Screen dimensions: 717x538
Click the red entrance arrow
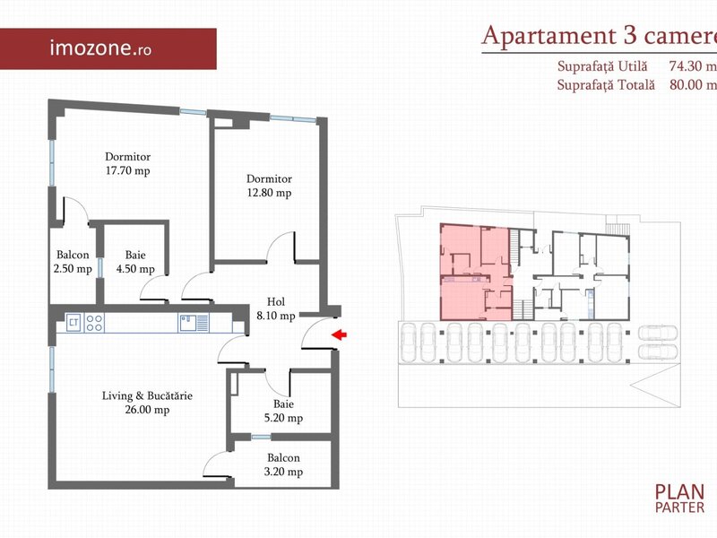click(339, 334)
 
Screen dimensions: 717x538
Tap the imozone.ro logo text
click(100, 48)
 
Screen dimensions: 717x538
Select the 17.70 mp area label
click(128, 170)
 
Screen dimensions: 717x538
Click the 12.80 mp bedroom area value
click(270, 193)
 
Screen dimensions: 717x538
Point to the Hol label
click(276, 302)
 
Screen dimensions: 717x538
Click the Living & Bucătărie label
click(147, 395)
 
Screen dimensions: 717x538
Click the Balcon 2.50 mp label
click(73, 262)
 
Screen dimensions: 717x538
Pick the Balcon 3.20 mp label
click(283, 464)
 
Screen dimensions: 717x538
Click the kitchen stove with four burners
click(95, 323)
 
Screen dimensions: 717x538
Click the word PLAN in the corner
click(679, 491)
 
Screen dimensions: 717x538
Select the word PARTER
click(679, 508)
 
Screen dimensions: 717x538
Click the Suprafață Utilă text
click(602, 66)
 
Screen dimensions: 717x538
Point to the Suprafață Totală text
click(606, 85)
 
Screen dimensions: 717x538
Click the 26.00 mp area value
click(147, 410)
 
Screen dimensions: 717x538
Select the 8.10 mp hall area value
click(276, 316)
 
